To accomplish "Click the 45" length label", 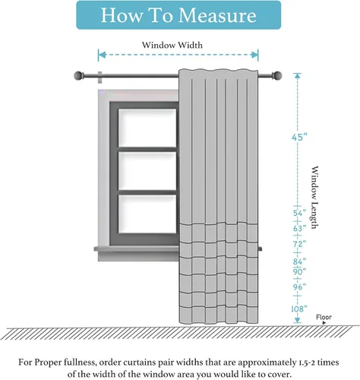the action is [x=299, y=138].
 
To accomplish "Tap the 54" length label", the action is [x=300, y=213].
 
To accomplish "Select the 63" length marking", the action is [x=300, y=229].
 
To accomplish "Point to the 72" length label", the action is [x=300, y=244].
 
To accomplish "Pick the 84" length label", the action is [x=300, y=261].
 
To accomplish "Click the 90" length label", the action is [x=300, y=272].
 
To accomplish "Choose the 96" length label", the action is [x=300, y=287].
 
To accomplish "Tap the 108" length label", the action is [x=299, y=309].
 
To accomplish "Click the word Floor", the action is [x=324, y=317].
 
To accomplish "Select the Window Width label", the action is [x=172, y=45].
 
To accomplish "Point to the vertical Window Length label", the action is [x=314, y=197].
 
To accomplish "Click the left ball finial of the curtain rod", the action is [x=78, y=75].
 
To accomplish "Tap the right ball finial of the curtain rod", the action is [x=277, y=75].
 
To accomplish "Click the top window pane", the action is [x=147, y=128].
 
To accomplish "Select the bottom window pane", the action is [x=147, y=214].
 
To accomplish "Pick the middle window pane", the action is [x=147, y=171].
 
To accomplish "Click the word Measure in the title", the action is [x=217, y=15].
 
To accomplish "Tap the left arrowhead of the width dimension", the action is [x=102, y=55].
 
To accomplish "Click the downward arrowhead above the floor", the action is [x=298, y=320].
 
